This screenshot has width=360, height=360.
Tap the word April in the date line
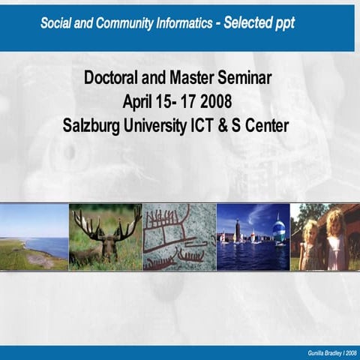[x=139, y=101]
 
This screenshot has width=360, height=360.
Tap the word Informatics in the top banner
[x=175, y=22]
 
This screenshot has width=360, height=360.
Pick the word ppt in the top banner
[x=280, y=23]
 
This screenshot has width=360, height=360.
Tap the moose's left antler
[x=83, y=222]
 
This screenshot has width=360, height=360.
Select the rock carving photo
[x=178, y=236]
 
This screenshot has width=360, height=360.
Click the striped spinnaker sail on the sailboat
[x=279, y=230]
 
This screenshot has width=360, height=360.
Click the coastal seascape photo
[x=34, y=236]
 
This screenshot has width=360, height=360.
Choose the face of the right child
[x=335, y=224]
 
